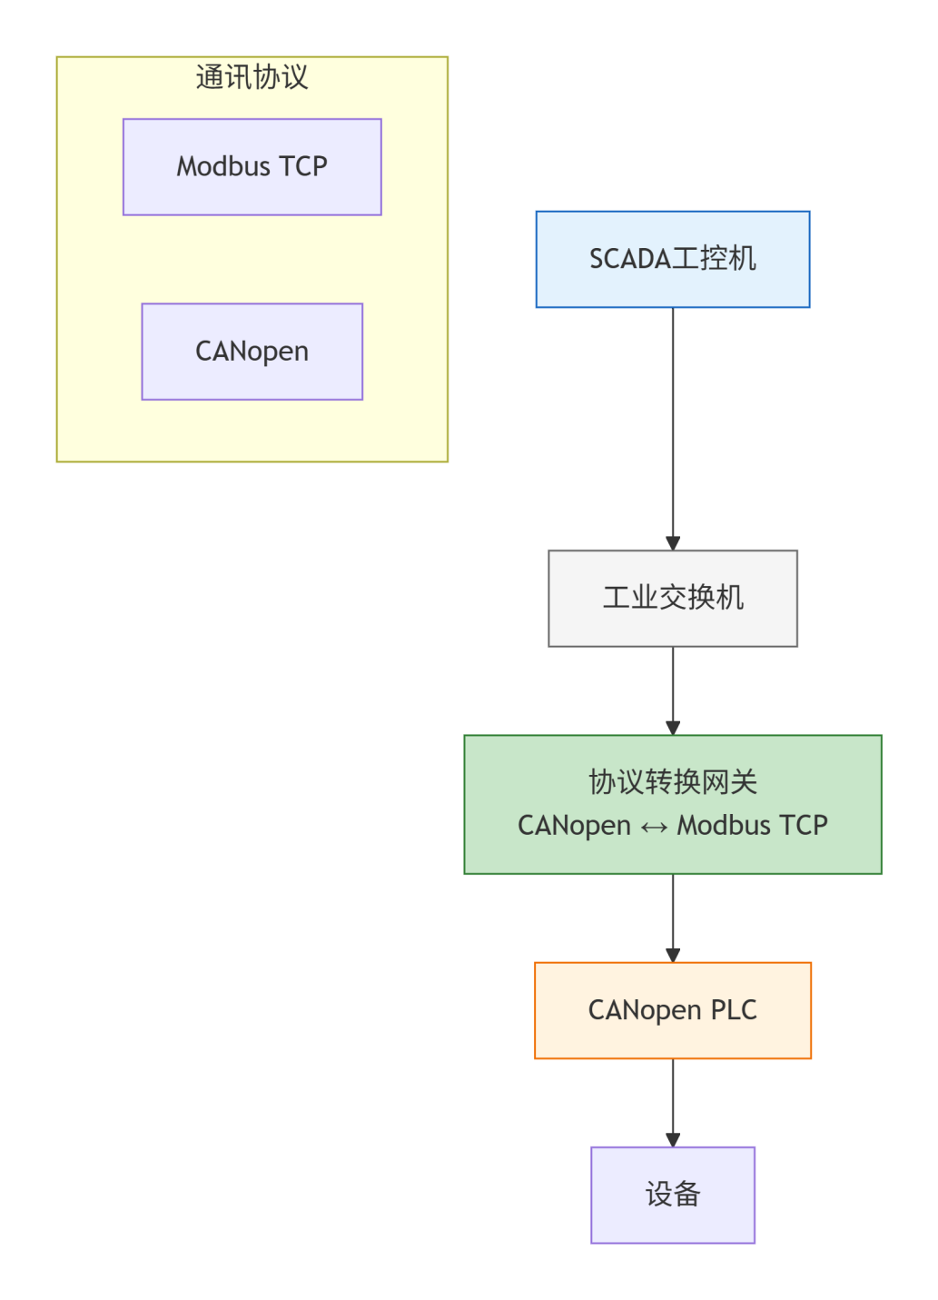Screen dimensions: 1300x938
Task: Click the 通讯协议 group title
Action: (252, 77)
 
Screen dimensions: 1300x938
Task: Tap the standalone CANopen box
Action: (252, 352)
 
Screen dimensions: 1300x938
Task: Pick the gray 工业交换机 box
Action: (672, 598)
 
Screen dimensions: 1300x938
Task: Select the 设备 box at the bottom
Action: (672, 1194)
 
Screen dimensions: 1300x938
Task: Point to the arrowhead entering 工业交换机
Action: (673, 543)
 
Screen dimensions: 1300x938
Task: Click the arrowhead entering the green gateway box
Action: (673, 728)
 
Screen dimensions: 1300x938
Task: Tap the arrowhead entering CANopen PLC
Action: (673, 955)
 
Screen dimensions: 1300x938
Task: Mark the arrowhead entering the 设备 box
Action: (673, 1139)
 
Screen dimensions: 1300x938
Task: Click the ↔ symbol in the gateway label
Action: (654, 827)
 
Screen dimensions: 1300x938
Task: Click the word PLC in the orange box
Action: (734, 1010)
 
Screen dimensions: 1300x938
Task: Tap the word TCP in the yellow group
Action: (303, 166)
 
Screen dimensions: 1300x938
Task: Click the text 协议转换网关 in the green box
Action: (672, 781)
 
